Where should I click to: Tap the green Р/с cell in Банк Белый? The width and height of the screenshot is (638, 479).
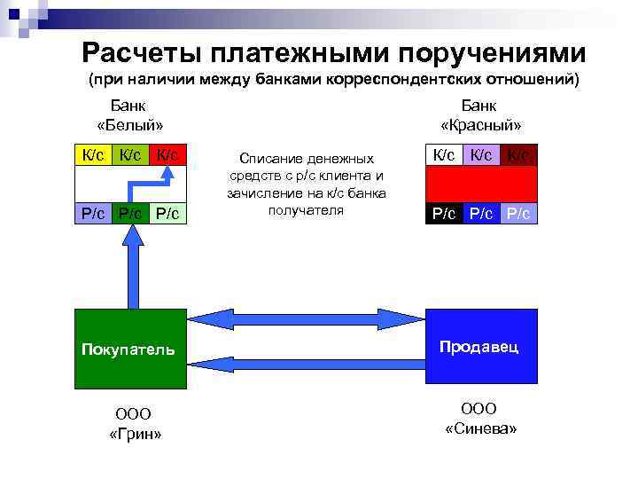pos(130,214)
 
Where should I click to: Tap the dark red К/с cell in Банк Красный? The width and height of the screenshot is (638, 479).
pos(519,155)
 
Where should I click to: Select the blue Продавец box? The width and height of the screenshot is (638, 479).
pos(482,349)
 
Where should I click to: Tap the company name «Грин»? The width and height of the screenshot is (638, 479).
pos(134,435)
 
